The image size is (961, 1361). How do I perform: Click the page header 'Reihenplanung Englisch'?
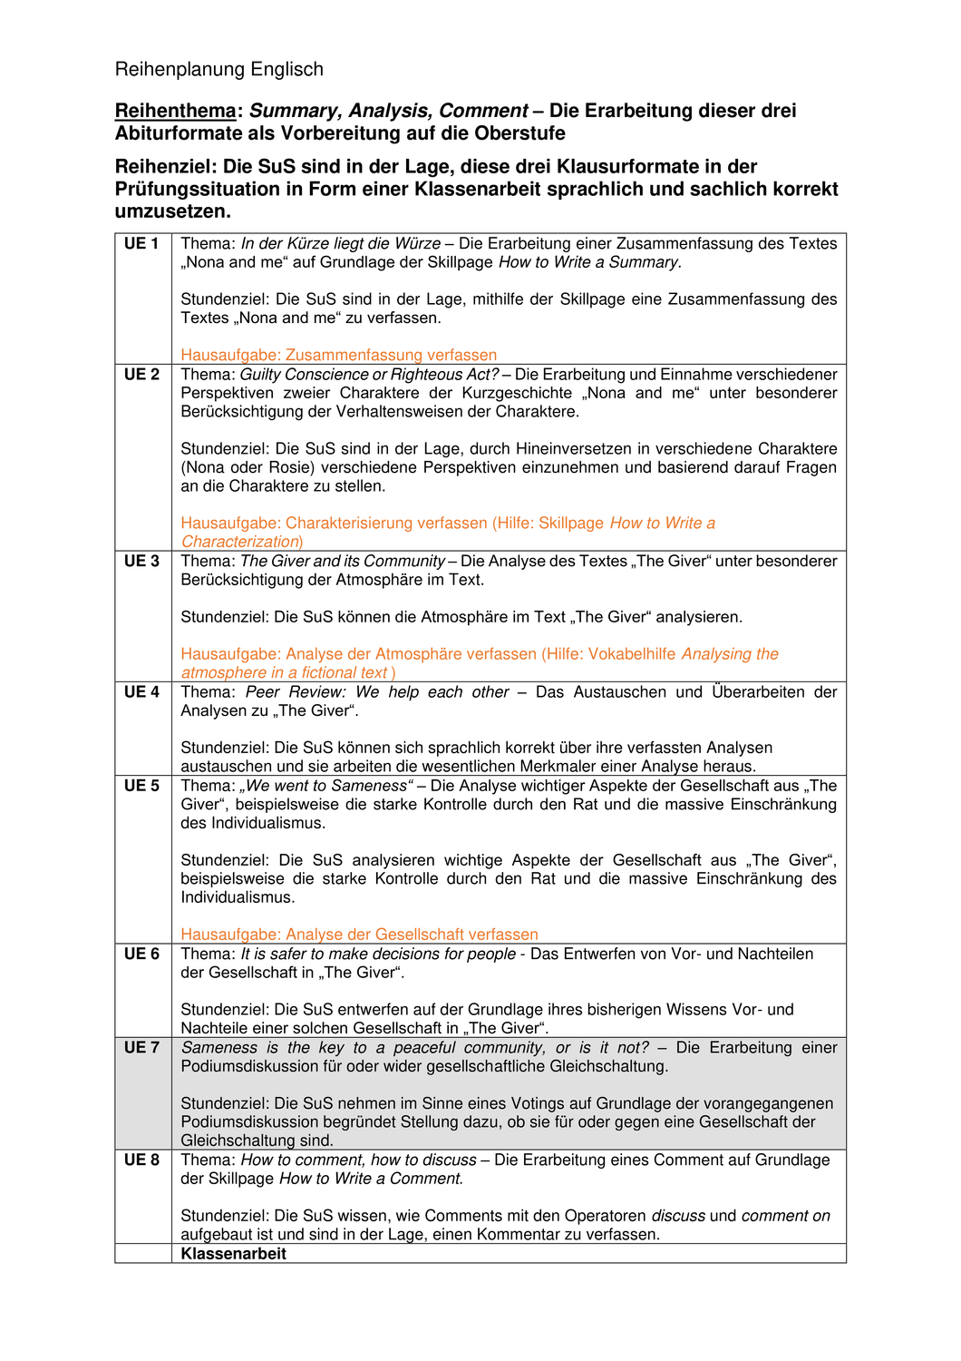[218, 70]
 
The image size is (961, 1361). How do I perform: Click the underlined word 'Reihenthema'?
[175, 111]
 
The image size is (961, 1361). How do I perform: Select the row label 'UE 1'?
[141, 244]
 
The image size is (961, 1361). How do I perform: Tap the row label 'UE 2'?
[141, 375]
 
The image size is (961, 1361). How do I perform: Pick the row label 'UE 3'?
[141, 562]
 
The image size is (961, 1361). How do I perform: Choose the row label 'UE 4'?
[141, 692]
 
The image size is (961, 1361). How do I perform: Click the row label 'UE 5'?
[141, 786]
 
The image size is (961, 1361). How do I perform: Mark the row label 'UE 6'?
[141, 954]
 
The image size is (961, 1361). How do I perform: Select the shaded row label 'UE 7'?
[141, 1048]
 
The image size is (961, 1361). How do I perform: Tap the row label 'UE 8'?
[141, 1160]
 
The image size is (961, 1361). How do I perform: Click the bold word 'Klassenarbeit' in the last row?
[233, 1254]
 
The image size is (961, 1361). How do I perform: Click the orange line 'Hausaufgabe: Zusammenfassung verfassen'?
[338, 356]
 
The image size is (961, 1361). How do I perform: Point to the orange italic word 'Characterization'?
[240, 542]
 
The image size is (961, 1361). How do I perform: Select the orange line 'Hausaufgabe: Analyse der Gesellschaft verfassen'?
[359, 935]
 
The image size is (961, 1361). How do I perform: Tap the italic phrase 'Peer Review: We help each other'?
[377, 692]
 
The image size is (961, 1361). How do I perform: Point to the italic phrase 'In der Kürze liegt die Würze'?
[340, 244]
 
